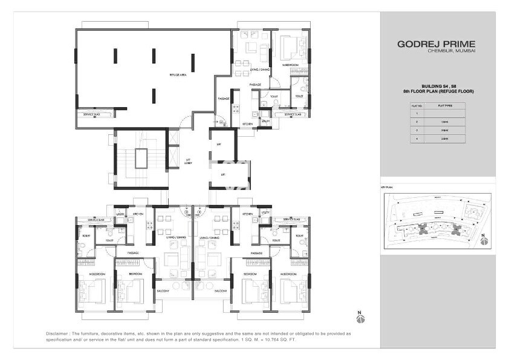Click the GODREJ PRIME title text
coord(436,44)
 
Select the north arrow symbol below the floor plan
coord(361,317)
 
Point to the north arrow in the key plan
coord(482,241)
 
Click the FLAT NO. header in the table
coord(416,105)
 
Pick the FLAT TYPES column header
coord(444,105)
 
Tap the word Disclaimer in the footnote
coord(59,333)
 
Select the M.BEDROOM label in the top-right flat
coord(291,64)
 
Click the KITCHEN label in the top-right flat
coord(248,123)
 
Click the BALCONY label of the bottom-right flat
coord(220,291)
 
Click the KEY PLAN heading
coord(387,188)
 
